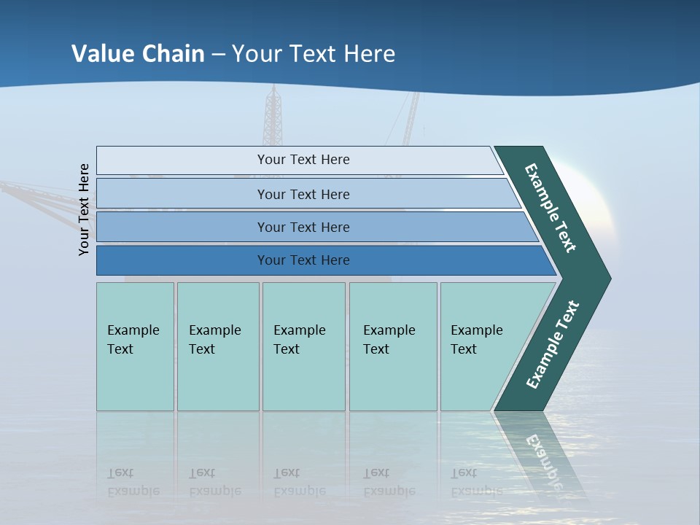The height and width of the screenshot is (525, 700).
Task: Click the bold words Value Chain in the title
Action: [x=138, y=54]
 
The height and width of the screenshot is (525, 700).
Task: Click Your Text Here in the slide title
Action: [x=314, y=54]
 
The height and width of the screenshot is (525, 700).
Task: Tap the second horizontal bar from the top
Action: [x=303, y=194]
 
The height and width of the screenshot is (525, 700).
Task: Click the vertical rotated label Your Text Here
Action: [x=84, y=209]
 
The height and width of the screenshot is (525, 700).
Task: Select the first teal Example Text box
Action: [x=135, y=346]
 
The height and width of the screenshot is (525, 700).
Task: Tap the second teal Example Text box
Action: [x=217, y=346]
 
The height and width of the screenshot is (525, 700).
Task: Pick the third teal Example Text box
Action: [x=303, y=346]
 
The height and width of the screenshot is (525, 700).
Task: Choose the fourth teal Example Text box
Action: [x=392, y=346]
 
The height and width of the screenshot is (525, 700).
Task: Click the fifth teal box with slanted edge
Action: [x=481, y=346]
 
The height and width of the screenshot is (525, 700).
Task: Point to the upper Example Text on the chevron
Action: [x=551, y=207]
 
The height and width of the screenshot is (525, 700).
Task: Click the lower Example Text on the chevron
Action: [x=553, y=344]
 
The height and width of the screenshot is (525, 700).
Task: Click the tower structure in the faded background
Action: [x=273, y=117]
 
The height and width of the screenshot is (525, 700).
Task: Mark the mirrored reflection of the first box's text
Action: [x=133, y=482]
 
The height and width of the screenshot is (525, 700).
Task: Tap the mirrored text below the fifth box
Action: [x=475, y=482]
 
